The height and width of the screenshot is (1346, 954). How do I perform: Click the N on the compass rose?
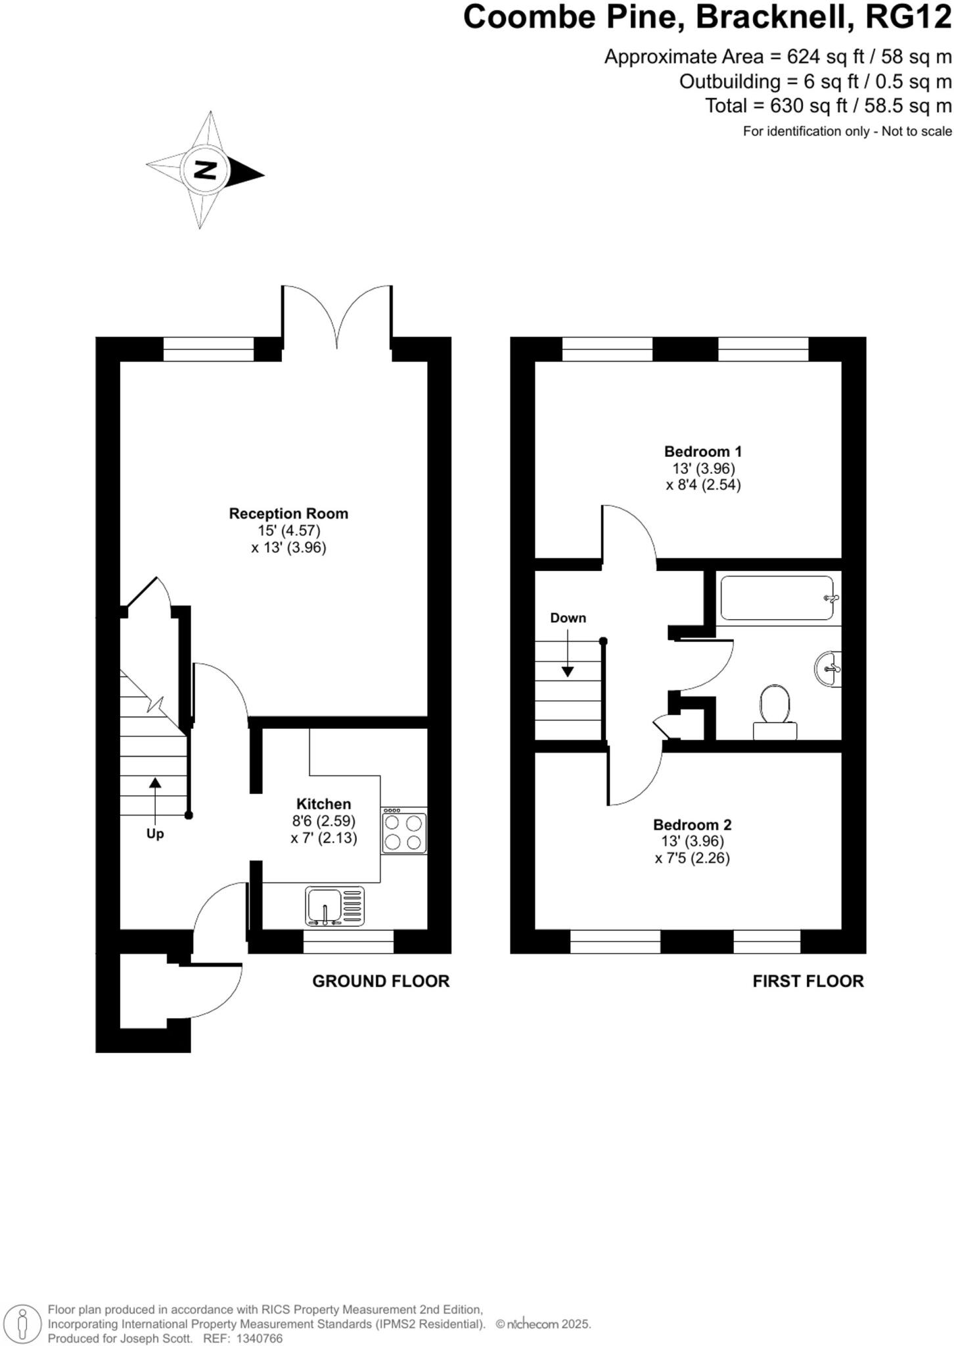[206, 170]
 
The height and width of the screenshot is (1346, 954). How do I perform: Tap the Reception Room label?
[288, 513]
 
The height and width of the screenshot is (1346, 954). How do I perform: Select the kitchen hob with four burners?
[404, 832]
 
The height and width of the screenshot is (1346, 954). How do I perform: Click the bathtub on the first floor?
[777, 598]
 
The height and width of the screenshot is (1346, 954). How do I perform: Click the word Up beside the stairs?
[155, 833]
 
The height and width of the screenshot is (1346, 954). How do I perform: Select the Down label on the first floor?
[568, 618]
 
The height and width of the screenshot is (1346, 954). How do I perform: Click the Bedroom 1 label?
[702, 452]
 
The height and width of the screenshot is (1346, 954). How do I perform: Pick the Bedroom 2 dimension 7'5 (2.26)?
[693, 858]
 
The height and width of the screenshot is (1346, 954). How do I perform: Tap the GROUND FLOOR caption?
[380, 981]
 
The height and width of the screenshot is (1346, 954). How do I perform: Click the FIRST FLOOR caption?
[807, 981]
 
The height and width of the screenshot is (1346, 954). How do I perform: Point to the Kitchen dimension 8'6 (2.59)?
[323, 821]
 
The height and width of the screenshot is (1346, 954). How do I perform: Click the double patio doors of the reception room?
[337, 319]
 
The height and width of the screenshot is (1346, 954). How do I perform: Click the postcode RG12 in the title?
[908, 17]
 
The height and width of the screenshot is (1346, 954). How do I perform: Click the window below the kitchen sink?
[348, 941]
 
